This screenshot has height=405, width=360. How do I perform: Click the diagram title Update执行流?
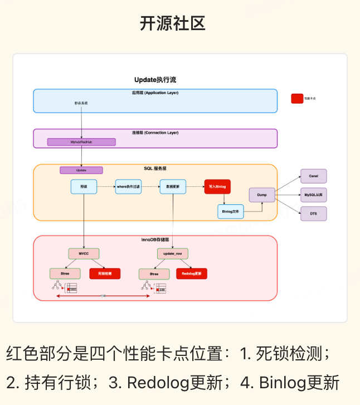pyautogui.click(x=155, y=80)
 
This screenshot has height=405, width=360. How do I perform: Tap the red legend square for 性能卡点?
pyautogui.click(x=297, y=98)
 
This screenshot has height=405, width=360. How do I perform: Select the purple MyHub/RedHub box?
pyautogui.click(x=81, y=142)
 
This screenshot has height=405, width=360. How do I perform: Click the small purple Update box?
pyautogui.click(x=81, y=170)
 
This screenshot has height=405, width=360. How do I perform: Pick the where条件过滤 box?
pyautogui.click(x=129, y=186)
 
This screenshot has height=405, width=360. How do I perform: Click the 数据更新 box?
pyautogui.click(x=172, y=186)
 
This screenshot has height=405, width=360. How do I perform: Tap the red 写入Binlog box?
pyautogui.click(x=217, y=186)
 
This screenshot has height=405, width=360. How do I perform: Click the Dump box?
pyautogui.click(x=262, y=195)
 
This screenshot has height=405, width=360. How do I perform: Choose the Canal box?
pyautogui.click(x=313, y=176)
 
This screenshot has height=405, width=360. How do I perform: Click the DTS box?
pyautogui.click(x=313, y=213)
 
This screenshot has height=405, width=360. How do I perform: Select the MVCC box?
pyautogui.click(x=84, y=253)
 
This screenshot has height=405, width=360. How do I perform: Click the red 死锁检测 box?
pyautogui.click(x=105, y=274)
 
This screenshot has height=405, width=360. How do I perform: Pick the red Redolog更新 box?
pyautogui.click(x=192, y=274)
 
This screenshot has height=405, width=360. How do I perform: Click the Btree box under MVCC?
pyautogui.click(x=64, y=274)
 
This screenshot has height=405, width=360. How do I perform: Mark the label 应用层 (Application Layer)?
pyautogui.click(x=155, y=93)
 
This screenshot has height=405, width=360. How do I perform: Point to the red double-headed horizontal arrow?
pyautogui.click(x=103, y=296)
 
